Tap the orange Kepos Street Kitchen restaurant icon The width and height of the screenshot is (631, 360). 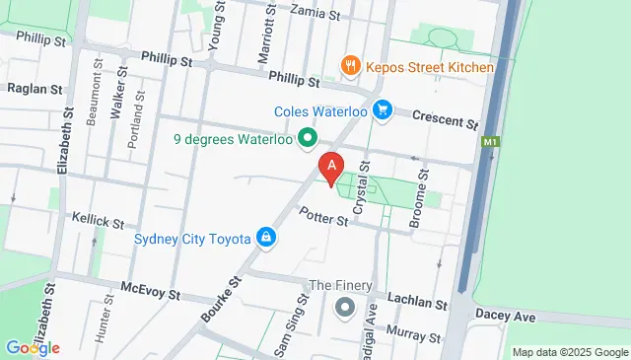click(x=349, y=66)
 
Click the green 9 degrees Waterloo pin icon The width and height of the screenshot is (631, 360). click(x=308, y=137)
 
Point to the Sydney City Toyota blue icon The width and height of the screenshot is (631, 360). click(x=265, y=237)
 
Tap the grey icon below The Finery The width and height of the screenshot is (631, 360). click(x=344, y=307)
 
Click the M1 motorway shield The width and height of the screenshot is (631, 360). click(x=490, y=143)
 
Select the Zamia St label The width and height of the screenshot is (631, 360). click(x=316, y=14)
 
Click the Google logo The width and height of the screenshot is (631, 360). click(x=33, y=347)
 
